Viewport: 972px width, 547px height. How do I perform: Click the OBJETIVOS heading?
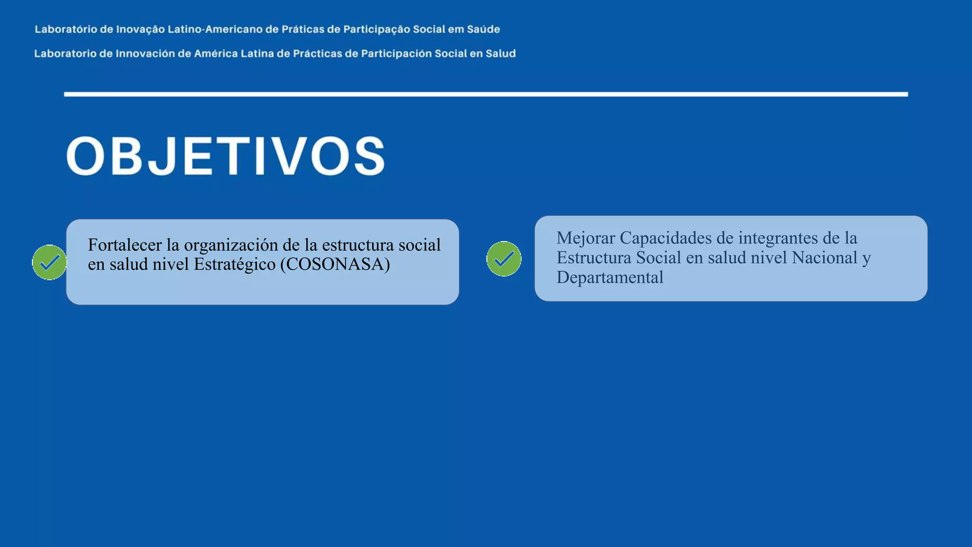[x=226, y=156]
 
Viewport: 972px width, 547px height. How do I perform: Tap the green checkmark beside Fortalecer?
[x=49, y=262]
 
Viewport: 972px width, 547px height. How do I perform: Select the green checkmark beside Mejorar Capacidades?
[x=504, y=259]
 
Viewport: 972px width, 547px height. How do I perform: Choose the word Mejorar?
[x=586, y=238]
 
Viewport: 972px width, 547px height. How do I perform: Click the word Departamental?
[x=610, y=277]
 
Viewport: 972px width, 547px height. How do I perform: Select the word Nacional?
[x=824, y=258]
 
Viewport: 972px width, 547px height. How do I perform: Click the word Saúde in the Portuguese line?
[x=483, y=29]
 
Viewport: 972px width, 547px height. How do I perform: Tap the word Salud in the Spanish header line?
[x=500, y=54]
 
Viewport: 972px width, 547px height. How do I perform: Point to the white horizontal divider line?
[x=486, y=94]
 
